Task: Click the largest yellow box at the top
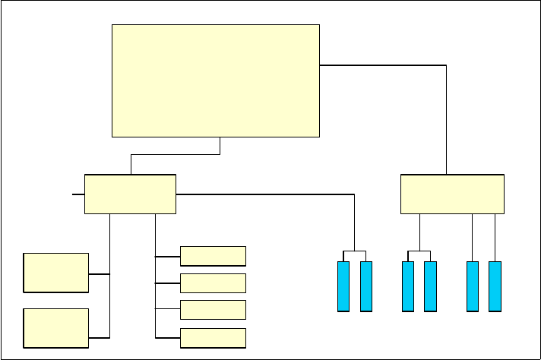tap(216, 81)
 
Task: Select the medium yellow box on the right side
tap(452, 194)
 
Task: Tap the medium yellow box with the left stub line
tap(130, 194)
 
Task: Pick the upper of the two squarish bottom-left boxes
tap(55, 273)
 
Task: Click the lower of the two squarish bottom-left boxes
tap(55, 328)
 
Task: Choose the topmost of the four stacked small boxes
tap(213, 256)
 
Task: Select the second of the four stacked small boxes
tap(213, 283)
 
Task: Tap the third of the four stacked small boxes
tap(213, 309)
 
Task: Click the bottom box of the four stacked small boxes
tap(213, 337)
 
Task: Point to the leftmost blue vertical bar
tap(343, 286)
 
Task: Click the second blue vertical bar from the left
tap(366, 286)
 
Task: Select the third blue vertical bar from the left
tap(408, 286)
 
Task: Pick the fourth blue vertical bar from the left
tap(430, 286)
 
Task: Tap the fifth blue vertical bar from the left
tap(473, 286)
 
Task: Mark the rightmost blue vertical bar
tap(495, 286)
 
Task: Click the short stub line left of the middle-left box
tap(78, 194)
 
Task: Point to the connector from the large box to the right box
tap(446, 114)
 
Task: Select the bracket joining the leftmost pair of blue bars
tap(355, 251)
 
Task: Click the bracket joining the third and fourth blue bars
tap(419, 251)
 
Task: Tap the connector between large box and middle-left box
tap(175, 155)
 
